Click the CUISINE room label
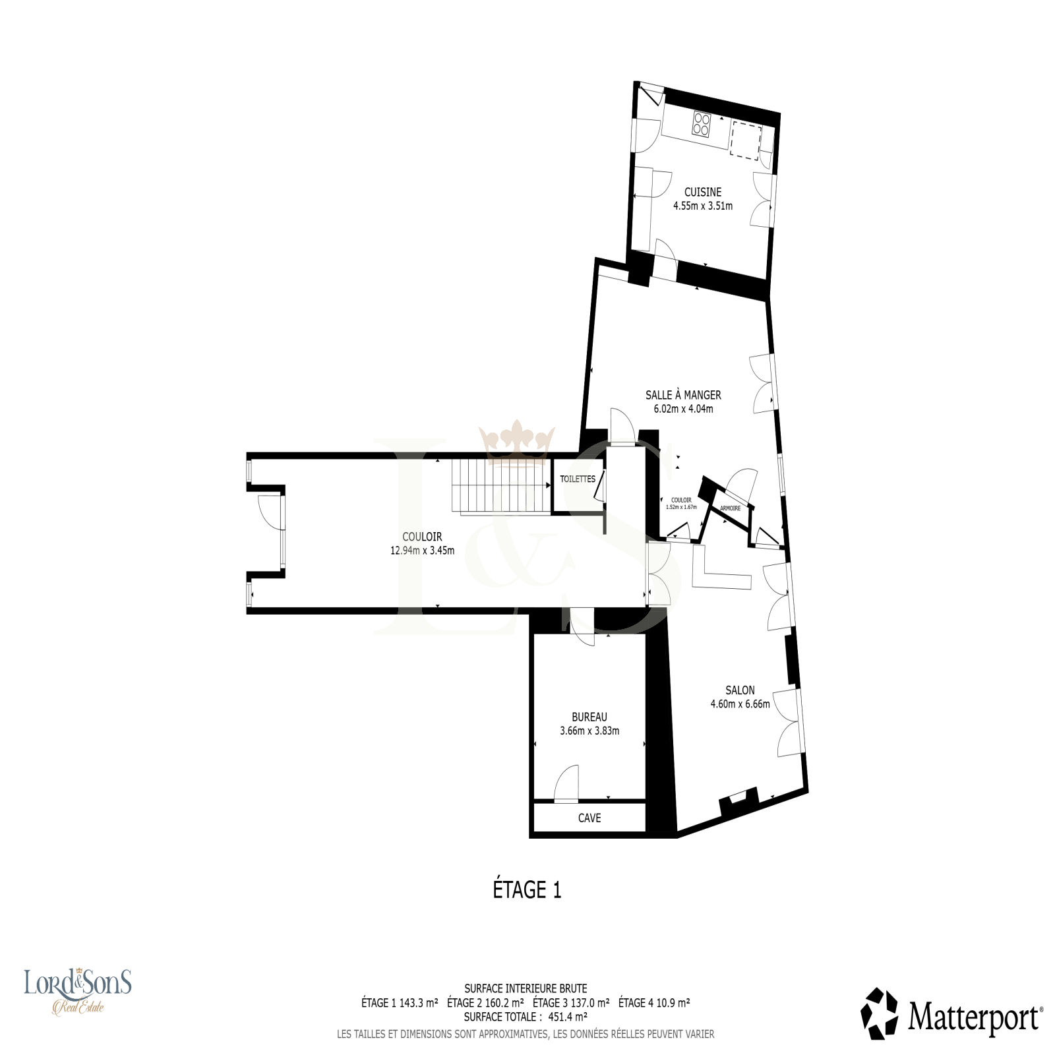point(702,192)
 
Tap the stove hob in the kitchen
point(702,123)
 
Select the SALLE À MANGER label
point(683,395)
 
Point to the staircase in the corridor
point(501,485)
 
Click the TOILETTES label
point(578,479)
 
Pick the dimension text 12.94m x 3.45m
point(422,551)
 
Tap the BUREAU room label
point(589,717)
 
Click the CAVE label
point(589,818)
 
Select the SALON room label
point(740,690)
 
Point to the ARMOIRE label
point(730,508)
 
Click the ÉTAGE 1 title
point(527,889)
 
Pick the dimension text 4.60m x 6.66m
point(740,704)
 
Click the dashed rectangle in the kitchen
point(746,140)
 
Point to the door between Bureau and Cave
point(566,784)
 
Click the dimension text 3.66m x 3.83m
point(589,731)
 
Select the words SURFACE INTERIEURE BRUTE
point(526,988)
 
